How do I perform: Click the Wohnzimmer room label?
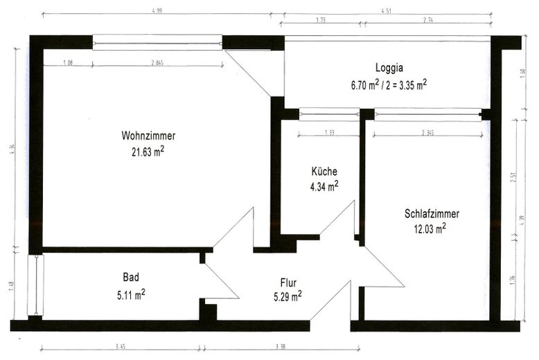point(148,136)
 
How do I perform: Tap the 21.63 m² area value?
point(148,150)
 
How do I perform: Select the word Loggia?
point(389,69)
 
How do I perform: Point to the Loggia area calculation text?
point(389,84)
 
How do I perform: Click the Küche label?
point(324,171)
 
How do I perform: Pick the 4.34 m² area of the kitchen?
point(324,186)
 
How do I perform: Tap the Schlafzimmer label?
point(431,214)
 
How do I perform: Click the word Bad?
point(131,278)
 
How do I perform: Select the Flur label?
point(288,282)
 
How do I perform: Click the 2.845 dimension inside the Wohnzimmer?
point(156,62)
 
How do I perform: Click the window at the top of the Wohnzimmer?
point(157,43)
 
